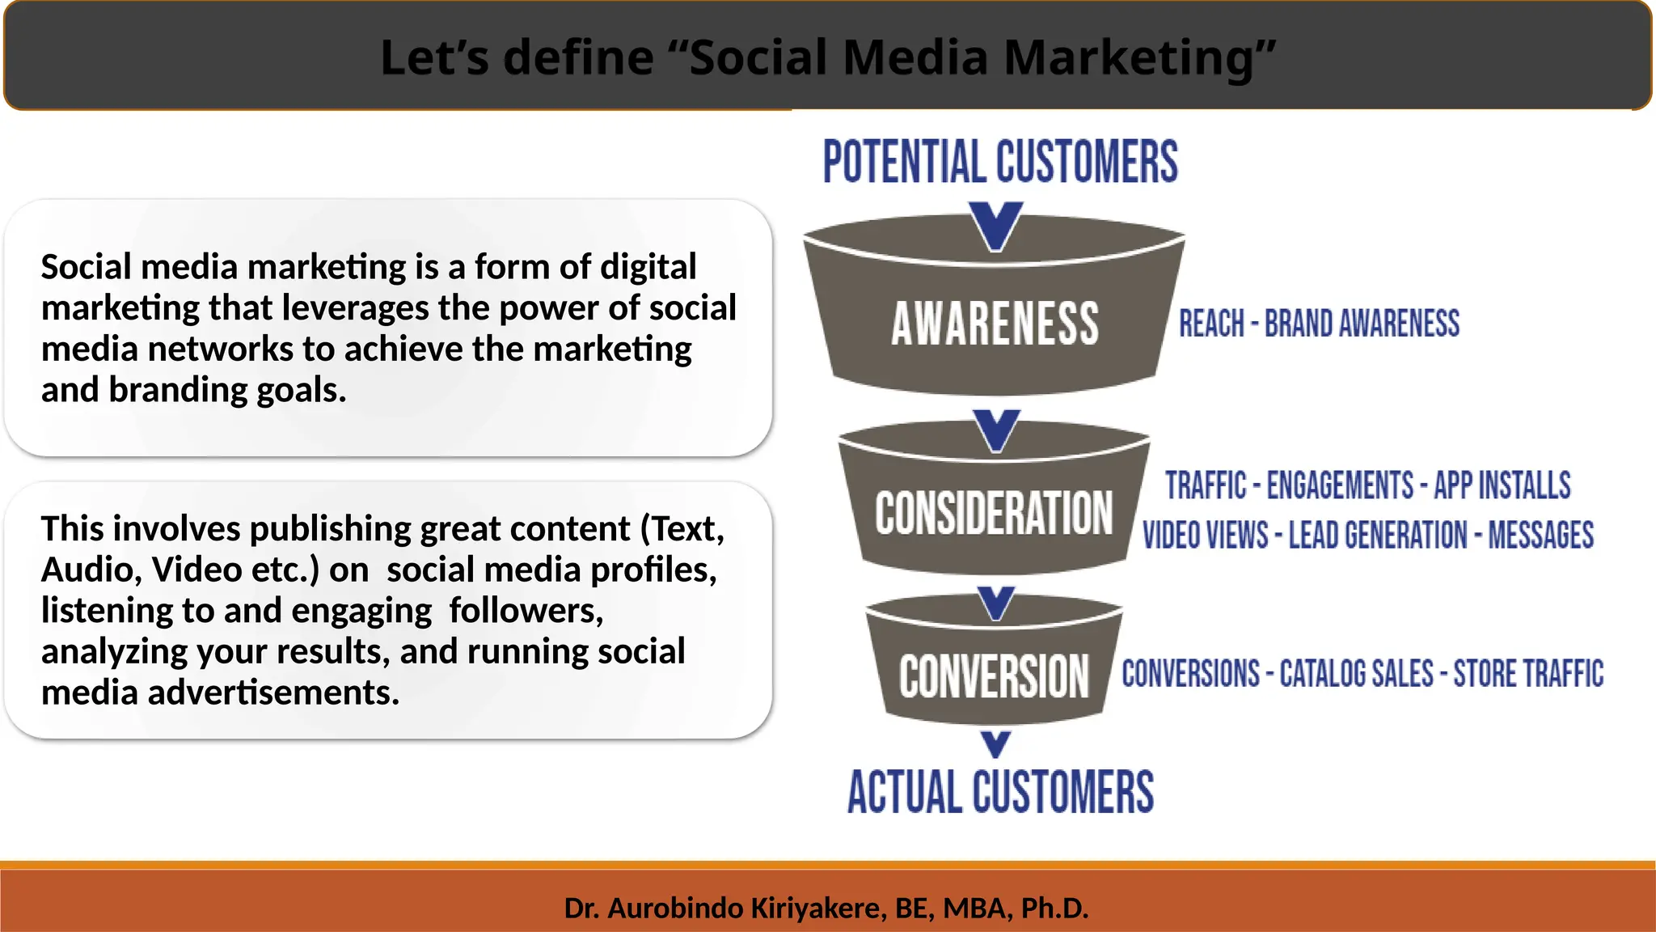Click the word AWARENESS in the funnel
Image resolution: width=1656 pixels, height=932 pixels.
coord(995,324)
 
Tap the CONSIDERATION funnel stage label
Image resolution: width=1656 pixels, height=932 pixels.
coord(994,514)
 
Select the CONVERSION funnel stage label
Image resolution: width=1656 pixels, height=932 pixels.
coord(994,676)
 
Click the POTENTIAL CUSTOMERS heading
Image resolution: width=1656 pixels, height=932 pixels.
coord(1000,162)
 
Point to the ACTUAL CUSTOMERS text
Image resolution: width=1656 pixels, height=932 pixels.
coord(1000,792)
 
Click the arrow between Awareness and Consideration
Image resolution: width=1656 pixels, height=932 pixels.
coord(996,430)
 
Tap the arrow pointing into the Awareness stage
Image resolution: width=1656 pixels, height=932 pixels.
coord(996,226)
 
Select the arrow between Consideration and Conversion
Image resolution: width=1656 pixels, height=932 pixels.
coord(995,604)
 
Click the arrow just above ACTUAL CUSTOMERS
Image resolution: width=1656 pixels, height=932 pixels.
coord(995,743)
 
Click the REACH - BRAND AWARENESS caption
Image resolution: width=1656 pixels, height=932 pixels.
coord(1319,324)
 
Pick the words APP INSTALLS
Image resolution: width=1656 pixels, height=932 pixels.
coord(1502,485)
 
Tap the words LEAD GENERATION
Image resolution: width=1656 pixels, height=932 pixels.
coord(1377,536)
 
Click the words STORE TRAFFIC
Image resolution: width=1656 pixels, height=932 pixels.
coord(1528,674)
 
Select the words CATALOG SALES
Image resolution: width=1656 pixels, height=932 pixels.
coord(1356,674)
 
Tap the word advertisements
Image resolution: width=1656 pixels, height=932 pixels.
coord(273,693)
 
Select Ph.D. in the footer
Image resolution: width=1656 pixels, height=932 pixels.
coord(1054,909)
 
